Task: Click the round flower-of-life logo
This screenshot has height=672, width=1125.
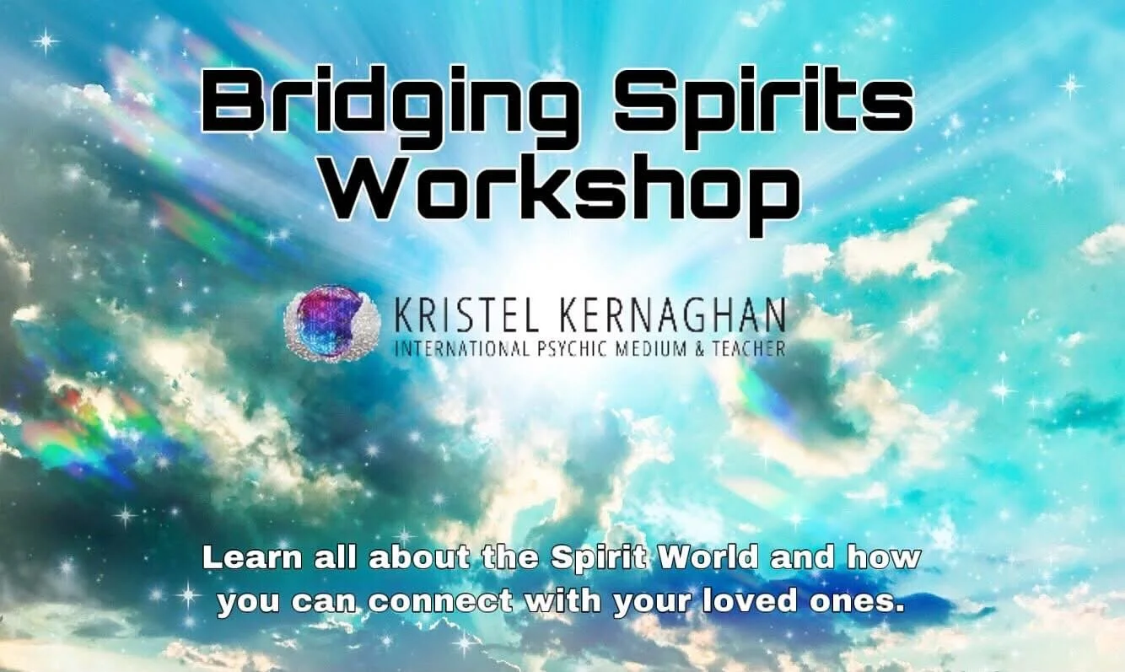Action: click(321, 323)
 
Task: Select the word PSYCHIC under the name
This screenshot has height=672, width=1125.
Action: click(562, 347)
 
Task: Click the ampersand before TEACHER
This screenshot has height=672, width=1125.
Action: click(697, 347)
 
